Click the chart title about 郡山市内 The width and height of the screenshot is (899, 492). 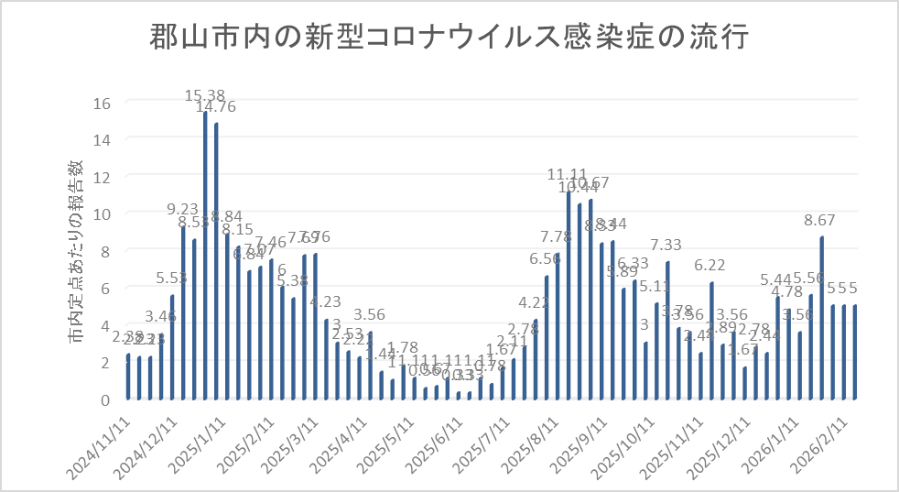[x=449, y=39]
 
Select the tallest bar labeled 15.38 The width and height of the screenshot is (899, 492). [x=205, y=256]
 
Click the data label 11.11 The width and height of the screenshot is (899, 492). [x=568, y=174]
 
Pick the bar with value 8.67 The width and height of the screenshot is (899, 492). [x=822, y=318]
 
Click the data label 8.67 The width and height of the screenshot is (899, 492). [x=822, y=220]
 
